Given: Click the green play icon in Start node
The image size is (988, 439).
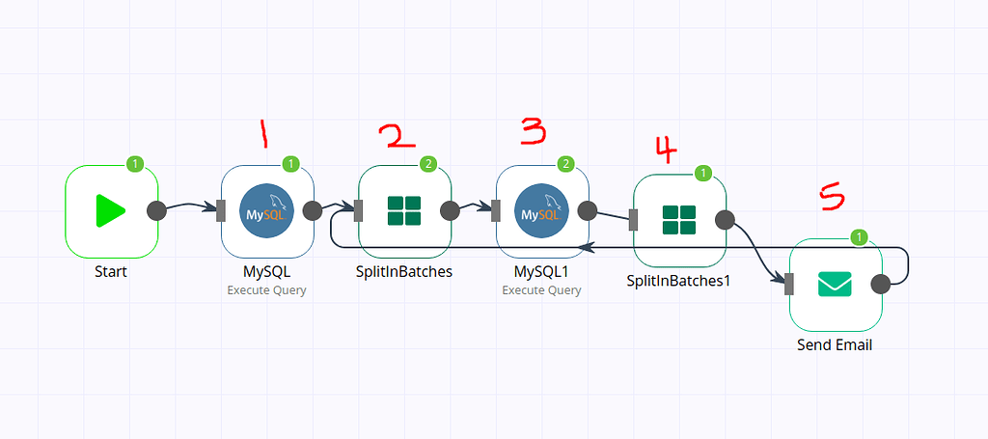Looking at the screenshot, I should click(111, 211).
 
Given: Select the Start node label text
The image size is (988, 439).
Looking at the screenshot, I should click(111, 272).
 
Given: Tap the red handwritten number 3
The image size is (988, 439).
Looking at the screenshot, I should click(534, 130).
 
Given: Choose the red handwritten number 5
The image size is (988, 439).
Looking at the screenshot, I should click(831, 198).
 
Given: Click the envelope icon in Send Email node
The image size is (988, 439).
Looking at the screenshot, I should click(835, 285).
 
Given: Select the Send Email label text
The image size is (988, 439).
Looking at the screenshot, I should click(835, 344).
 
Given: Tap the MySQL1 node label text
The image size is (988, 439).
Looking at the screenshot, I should click(541, 272).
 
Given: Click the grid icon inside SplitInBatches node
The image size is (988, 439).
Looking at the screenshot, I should click(404, 211).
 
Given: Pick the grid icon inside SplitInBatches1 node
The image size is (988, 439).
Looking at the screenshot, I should click(679, 220).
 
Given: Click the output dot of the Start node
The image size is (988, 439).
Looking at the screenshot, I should click(155, 210).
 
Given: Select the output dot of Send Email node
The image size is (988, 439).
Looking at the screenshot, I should click(880, 284).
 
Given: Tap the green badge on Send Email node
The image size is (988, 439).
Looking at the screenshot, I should click(861, 237).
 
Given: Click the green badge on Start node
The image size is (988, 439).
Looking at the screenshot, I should click(136, 164).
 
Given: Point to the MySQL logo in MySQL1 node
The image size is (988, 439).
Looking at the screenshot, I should click(541, 211).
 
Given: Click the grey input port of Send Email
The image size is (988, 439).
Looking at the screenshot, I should click(788, 284).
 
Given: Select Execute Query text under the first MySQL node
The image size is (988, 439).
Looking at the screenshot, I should click(266, 289).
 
